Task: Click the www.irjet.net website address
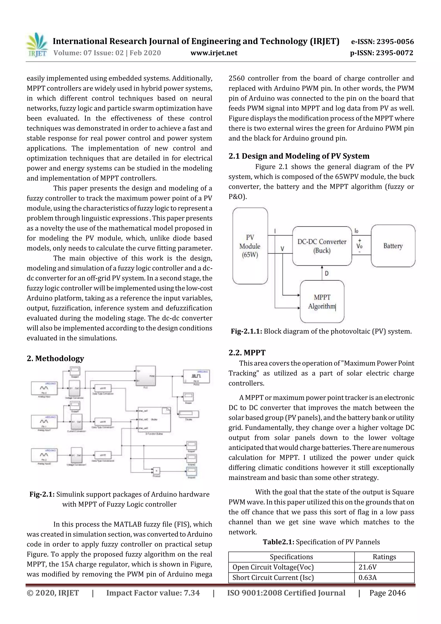click(214, 53)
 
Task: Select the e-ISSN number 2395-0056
click(382, 42)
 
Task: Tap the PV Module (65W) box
click(250, 246)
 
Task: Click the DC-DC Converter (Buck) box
click(322, 246)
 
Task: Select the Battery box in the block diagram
click(393, 246)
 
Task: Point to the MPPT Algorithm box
click(322, 302)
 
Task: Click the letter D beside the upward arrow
click(327, 273)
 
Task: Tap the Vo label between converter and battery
click(359, 246)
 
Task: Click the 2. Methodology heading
click(55, 358)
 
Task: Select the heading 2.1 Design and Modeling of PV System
click(299, 156)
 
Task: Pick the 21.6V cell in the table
click(367, 567)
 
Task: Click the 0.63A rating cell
click(367, 577)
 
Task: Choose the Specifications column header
click(291, 557)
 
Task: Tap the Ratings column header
click(384, 557)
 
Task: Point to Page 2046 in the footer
click(387, 593)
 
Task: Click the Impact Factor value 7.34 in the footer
click(153, 593)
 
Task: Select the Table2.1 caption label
click(278, 542)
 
